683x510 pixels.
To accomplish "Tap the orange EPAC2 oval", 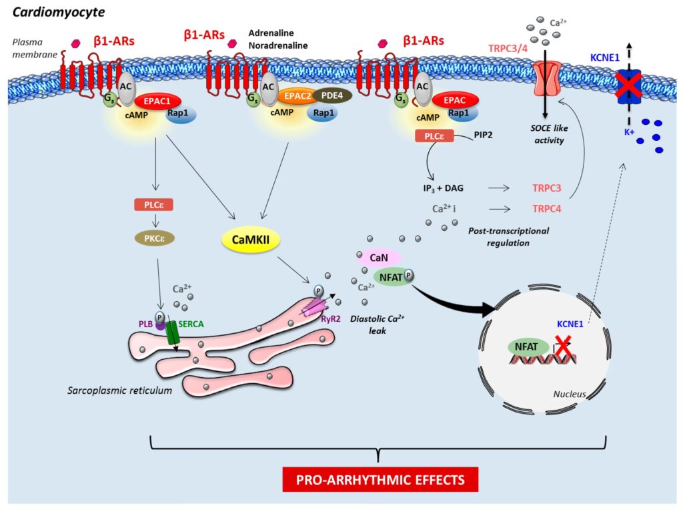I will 296,96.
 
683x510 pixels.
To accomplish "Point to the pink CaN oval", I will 378,257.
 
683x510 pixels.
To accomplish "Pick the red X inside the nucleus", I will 562,346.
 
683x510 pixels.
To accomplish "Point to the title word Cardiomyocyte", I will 51,11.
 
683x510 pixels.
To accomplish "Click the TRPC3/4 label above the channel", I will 511,49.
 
